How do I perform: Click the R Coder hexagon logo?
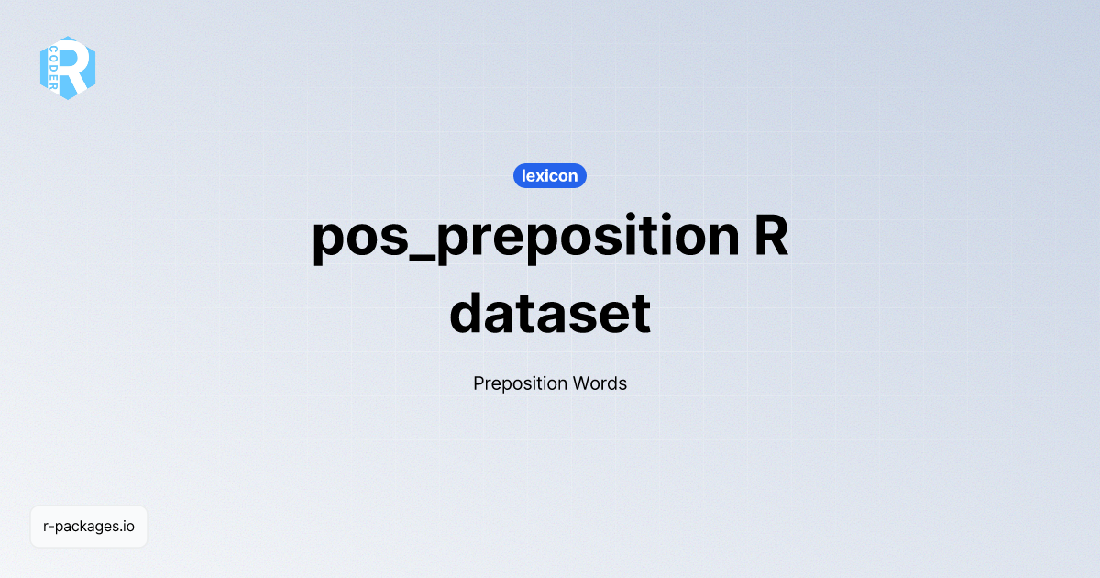[68, 68]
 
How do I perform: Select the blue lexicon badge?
[549, 175]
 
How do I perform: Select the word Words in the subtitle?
[599, 383]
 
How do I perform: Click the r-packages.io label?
[89, 527]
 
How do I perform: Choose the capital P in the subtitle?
[478, 383]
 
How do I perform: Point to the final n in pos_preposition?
[718, 240]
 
